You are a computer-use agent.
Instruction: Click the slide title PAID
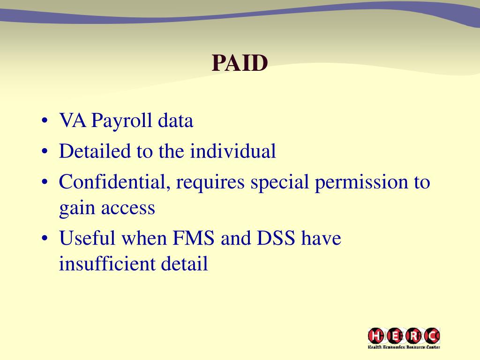[x=240, y=63]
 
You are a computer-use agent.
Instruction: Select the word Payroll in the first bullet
[x=122, y=121]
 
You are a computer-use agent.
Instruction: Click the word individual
[x=233, y=151]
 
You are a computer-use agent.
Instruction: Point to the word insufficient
[x=107, y=264]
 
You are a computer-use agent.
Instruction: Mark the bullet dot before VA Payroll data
[x=45, y=122]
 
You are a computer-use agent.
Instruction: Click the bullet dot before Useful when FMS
[x=45, y=239]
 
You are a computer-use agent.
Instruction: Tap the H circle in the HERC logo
[x=376, y=336]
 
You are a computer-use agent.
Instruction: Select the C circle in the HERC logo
[x=432, y=336]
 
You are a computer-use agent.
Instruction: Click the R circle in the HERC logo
[x=413, y=336]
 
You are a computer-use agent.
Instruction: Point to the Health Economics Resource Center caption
[x=404, y=347]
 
